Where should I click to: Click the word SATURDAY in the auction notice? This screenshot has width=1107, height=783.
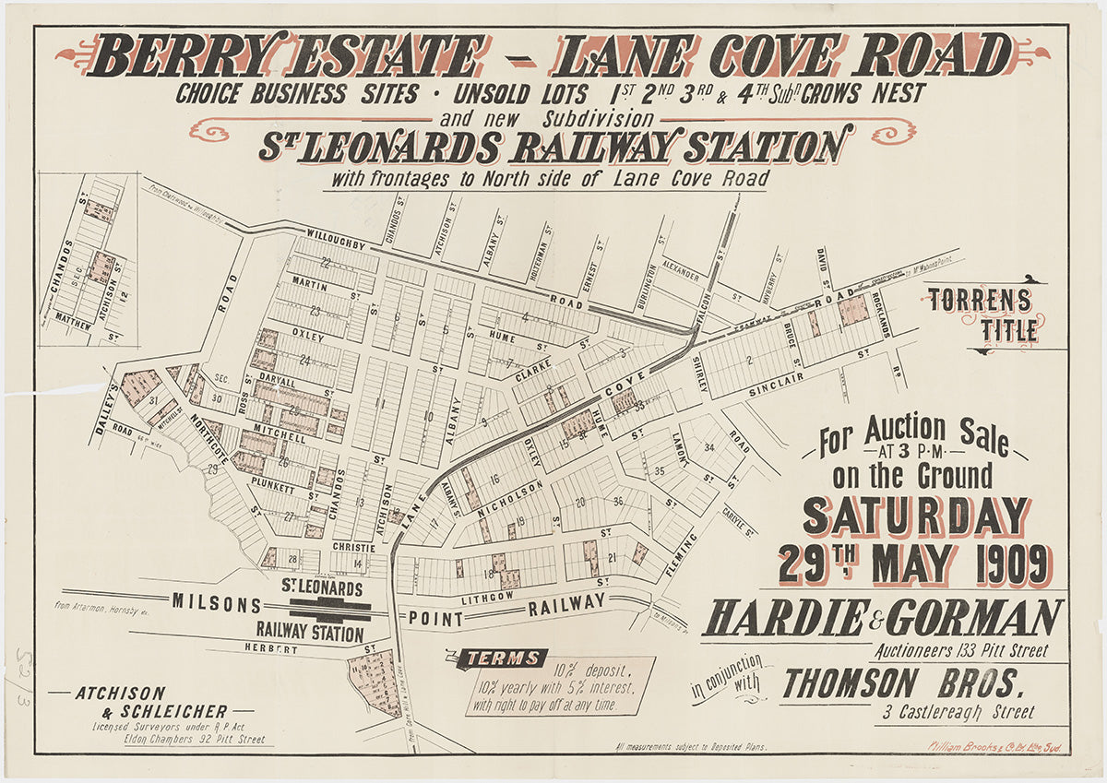[x=914, y=517]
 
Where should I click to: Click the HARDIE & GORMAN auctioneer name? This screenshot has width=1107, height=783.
[x=882, y=618]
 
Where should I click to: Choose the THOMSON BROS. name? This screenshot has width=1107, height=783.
[x=902, y=683]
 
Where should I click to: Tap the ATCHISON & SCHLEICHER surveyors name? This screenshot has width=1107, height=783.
[x=147, y=701]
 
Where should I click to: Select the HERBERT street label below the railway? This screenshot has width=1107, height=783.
[x=271, y=649]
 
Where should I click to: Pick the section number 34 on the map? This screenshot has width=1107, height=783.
[x=708, y=448]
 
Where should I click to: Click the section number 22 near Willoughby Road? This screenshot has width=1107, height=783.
[x=325, y=263]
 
